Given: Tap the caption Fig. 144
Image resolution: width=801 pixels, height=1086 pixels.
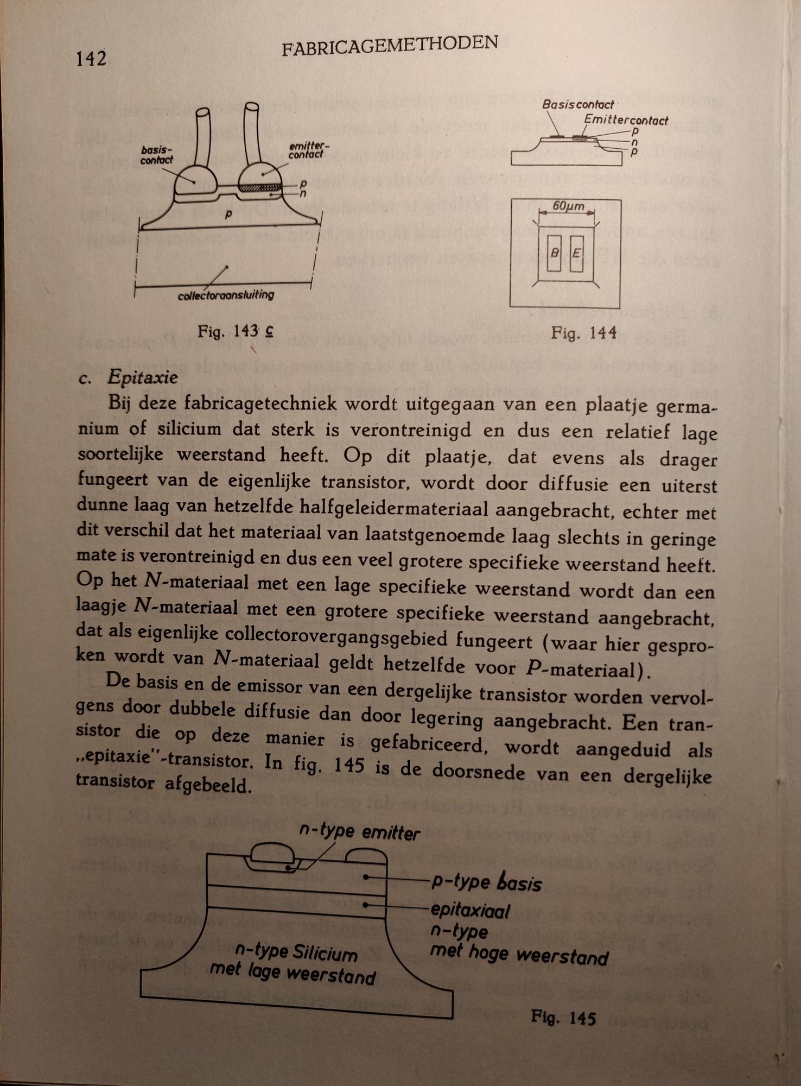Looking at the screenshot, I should pos(583,332).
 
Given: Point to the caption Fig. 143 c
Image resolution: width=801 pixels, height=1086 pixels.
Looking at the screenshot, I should pos(235,331).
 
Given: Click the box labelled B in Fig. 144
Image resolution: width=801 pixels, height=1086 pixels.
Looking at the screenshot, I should pos(554,253).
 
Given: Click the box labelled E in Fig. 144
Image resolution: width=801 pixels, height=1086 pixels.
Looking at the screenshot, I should pos(577,253).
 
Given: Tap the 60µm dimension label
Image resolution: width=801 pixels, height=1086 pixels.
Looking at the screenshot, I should pos(568,206).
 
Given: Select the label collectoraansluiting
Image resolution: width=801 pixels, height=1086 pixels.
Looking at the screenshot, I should pos(226,295).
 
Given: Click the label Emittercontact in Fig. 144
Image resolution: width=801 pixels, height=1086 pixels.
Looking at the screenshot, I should pos(626,120).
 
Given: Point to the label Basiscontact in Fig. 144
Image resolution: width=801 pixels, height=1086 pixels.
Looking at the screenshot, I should pos(578,104).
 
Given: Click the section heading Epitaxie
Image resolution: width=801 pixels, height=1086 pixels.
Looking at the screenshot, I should pos(142,377).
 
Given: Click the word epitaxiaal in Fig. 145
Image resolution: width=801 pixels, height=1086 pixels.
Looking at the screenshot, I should pos(470,911).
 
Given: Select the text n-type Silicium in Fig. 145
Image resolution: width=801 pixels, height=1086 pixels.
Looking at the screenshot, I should pos(296,951).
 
